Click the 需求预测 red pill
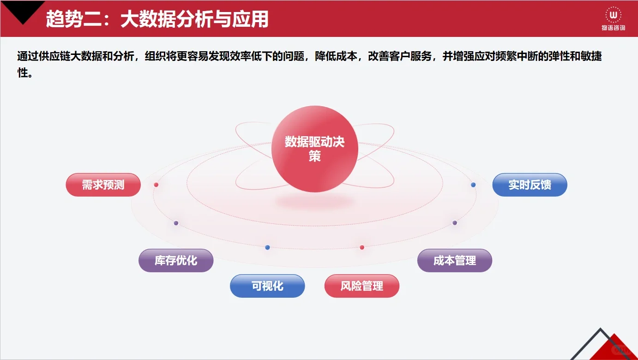click(x=103, y=185)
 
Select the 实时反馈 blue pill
click(x=530, y=185)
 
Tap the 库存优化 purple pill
click(x=176, y=261)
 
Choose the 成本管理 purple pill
click(x=455, y=261)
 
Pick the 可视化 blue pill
click(x=267, y=286)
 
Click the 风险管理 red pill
click(x=362, y=286)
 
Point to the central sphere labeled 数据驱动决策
click(x=315, y=149)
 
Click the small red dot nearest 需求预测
click(x=156, y=185)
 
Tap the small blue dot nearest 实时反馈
click(x=473, y=185)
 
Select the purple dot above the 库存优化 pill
click(x=176, y=223)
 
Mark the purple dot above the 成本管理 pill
click(x=455, y=222)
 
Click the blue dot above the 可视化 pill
click(x=267, y=247)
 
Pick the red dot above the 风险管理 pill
click(x=362, y=247)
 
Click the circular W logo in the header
click(x=613, y=15)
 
